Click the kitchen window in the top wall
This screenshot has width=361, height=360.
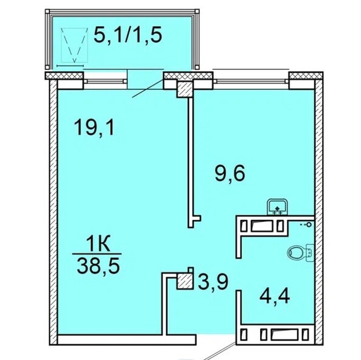pos(252,77)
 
